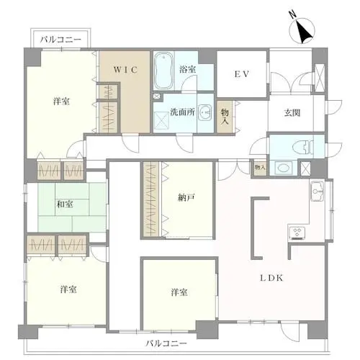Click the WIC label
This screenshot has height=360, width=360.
[126, 70]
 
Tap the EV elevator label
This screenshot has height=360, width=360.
[242, 74]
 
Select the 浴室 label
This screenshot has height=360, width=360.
[188, 69]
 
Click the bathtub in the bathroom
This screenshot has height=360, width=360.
[164, 71]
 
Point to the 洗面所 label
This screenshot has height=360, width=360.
[182, 112]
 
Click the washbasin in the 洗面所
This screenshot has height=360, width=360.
[205, 112]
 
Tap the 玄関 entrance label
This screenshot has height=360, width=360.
[292, 112]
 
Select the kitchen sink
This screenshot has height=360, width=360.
[317, 191]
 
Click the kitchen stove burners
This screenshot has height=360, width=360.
[297, 233]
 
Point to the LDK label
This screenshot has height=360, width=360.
[271, 278]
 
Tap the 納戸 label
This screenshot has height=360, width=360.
[186, 198]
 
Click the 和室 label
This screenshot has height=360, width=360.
[65, 204]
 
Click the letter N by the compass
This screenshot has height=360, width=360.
[292, 15]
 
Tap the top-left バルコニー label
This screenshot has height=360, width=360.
[60, 40]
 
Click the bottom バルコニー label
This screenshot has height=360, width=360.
[166, 343]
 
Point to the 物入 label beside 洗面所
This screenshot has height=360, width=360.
[225, 117]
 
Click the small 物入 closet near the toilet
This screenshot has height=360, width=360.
[259, 168]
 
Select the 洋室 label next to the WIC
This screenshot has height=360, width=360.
[61, 102]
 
